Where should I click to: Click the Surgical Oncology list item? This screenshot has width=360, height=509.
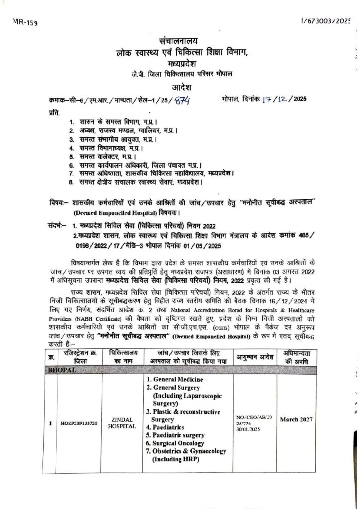point(175,443)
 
